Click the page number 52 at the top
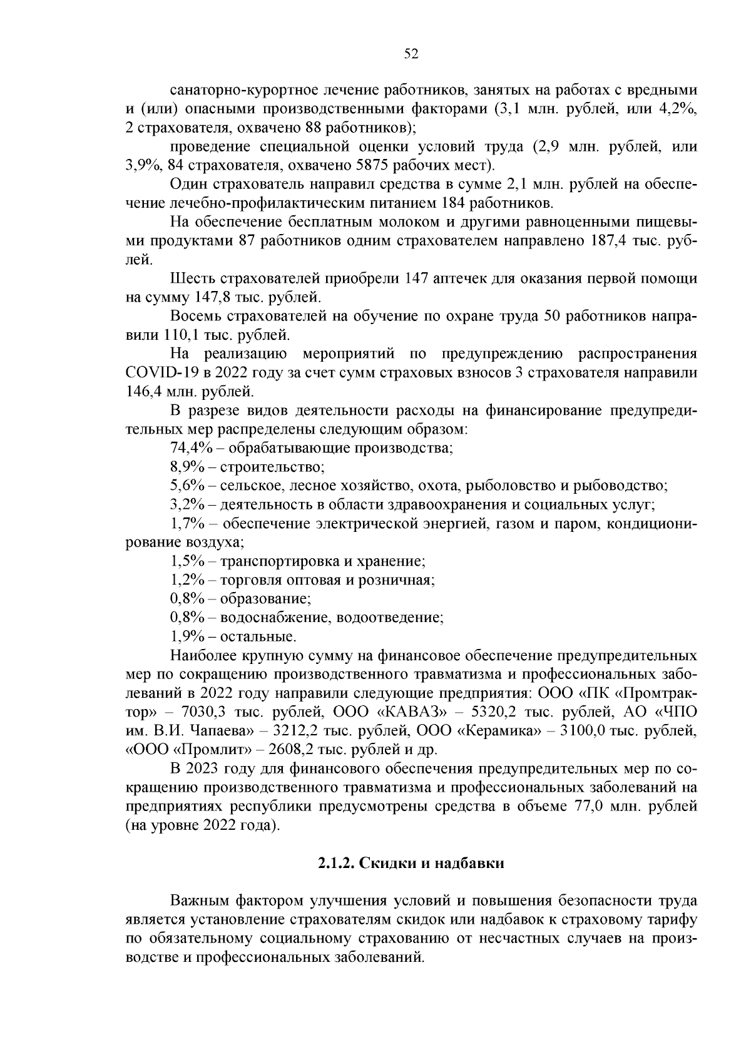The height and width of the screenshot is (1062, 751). tap(411, 54)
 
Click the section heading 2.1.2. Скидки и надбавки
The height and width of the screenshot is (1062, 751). tap(411, 864)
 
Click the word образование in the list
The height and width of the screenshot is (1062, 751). tap(265, 599)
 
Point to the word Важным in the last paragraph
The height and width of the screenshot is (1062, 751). tap(200, 901)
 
